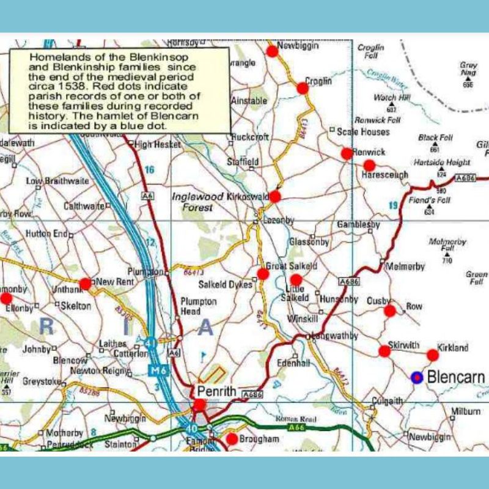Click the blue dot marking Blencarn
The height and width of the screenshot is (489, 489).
click(x=417, y=378)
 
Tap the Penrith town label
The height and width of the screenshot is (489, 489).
click(x=215, y=390)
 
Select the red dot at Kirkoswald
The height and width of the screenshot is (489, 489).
click(x=275, y=196)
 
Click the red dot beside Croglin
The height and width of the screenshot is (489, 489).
click(x=303, y=88)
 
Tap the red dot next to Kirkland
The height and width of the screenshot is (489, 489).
click(x=433, y=355)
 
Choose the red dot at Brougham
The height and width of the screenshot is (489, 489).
click(x=232, y=439)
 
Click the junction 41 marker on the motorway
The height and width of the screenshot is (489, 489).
click(x=150, y=344)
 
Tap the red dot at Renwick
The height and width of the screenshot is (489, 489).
click(x=347, y=153)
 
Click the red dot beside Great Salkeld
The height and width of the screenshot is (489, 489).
click(x=263, y=274)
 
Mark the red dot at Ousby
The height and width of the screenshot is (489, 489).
click(x=390, y=311)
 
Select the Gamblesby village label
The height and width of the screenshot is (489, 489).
click(x=358, y=225)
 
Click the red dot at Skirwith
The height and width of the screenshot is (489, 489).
click(x=384, y=351)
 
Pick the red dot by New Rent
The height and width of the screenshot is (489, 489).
click(x=86, y=284)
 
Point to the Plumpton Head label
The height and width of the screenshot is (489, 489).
click(x=199, y=306)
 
